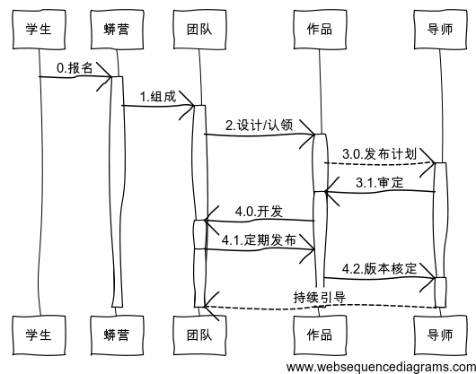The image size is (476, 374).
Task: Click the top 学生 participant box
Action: pyautogui.click(x=39, y=29)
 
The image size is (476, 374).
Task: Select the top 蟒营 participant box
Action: pyautogui.click(x=116, y=29)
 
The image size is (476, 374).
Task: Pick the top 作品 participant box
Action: pyautogui.click(x=319, y=29)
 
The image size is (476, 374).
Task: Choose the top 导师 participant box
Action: pyautogui.click(x=441, y=29)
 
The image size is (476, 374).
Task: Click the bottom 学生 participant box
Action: pyautogui.click(x=39, y=335)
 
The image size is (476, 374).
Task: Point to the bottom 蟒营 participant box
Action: pyautogui.click(x=116, y=335)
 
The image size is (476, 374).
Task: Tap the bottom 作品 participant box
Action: pyautogui.click(x=319, y=335)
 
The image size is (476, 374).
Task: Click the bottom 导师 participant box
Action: pyautogui.click(x=441, y=335)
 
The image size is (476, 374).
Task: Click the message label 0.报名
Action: pyautogui.click(x=75, y=67)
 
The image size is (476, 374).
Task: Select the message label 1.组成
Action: pyautogui.click(x=157, y=96)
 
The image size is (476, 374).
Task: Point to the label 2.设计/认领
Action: pyautogui.click(x=259, y=125)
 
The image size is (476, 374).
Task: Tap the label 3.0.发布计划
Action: pyautogui.click(x=379, y=153)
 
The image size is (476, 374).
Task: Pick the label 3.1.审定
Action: pyautogui.click(x=379, y=182)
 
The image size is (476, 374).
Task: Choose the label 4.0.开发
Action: pyautogui.click(x=259, y=212)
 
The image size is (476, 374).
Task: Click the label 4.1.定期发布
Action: pyautogui.click(x=259, y=239)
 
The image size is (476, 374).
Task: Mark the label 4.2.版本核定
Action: pyautogui.click(x=379, y=268)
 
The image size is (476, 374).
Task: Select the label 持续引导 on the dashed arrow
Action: pyautogui.click(x=319, y=297)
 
